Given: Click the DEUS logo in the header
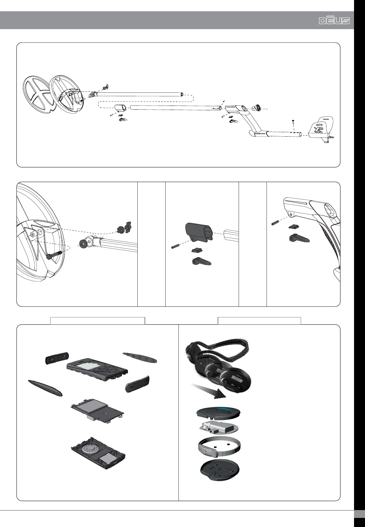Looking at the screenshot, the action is coord(334,20).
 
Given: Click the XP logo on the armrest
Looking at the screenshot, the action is coord(319,129).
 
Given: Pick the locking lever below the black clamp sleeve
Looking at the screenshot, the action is coord(201,261).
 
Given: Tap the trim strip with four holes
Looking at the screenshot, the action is coord(140,357).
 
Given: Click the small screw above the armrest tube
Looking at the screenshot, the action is coord(293,121).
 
